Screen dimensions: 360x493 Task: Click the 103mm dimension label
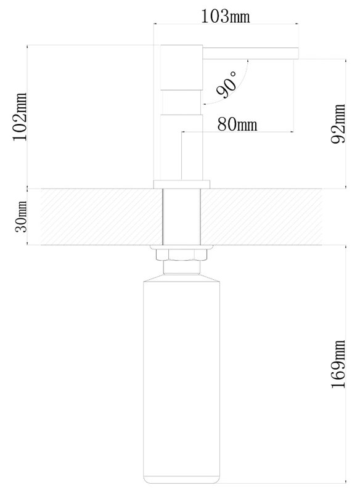(226, 17)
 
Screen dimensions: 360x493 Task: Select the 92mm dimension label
(338, 124)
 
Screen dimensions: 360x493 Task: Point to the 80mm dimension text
(237, 124)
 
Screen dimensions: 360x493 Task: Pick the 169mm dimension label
(338, 364)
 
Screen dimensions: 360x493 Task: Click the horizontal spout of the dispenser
(250, 54)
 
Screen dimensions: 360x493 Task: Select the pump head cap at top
(181, 68)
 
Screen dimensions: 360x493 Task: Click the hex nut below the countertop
(181, 254)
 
